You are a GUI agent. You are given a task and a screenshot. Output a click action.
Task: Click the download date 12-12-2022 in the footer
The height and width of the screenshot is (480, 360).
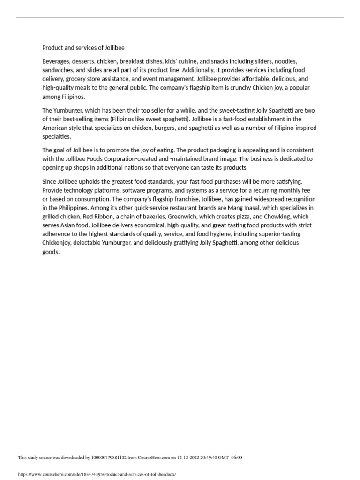[x=189, y=457]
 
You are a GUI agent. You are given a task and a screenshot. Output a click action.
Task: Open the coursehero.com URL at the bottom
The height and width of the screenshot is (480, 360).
[x=97, y=474]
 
